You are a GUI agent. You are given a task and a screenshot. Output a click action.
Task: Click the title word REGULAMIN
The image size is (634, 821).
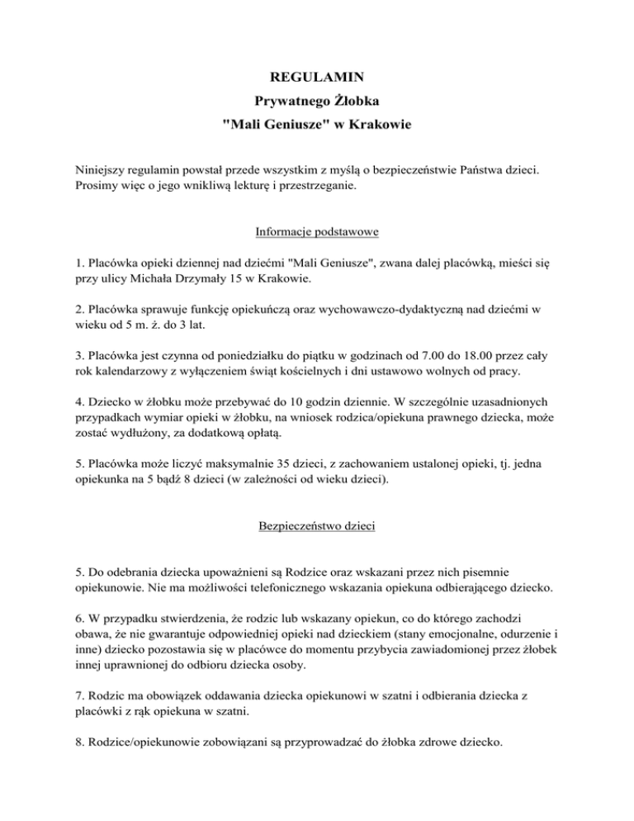tap(317, 80)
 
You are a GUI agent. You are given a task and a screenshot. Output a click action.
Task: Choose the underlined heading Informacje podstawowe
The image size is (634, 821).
tap(317, 233)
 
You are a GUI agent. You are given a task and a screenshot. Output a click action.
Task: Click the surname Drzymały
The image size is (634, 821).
tap(215, 279)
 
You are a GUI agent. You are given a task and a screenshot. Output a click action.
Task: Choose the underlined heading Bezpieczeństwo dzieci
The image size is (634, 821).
tap(317, 527)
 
